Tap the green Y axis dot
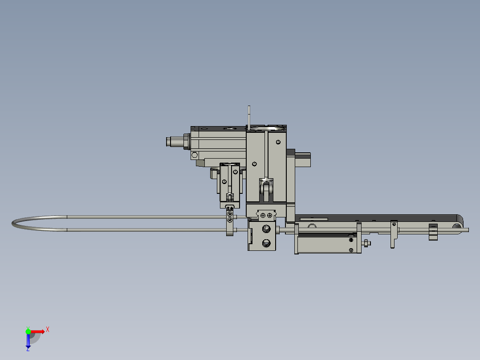28,331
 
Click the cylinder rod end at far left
169,142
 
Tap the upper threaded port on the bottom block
266,229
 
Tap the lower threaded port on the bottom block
266,243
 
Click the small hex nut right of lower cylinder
366,243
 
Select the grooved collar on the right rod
433,231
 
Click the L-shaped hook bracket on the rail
393,233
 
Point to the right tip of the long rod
467,230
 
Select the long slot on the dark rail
314,219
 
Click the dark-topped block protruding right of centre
303,159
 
